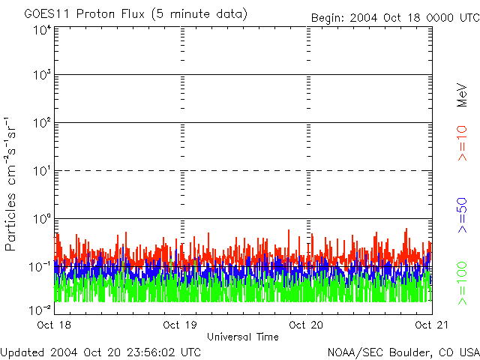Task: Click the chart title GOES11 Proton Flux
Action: (84, 14)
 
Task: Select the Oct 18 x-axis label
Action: (54, 325)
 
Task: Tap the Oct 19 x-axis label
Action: (180, 325)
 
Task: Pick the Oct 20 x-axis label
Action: (306, 325)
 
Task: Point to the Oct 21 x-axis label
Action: (432, 325)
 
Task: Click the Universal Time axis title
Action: (243, 337)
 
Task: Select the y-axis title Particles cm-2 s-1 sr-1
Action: (10, 184)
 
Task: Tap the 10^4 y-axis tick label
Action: (42, 31)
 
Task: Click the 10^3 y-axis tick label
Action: (42, 75)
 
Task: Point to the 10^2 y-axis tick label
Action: (42, 123)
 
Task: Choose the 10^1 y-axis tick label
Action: (42, 171)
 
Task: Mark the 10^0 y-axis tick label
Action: (42, 219)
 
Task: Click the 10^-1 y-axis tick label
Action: (40, 267)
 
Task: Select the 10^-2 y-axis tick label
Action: (40, 310)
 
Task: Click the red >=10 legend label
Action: (462, 143)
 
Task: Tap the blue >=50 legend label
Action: (462, 215)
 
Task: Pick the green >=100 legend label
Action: (462, 283)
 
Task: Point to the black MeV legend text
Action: (462, 95)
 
